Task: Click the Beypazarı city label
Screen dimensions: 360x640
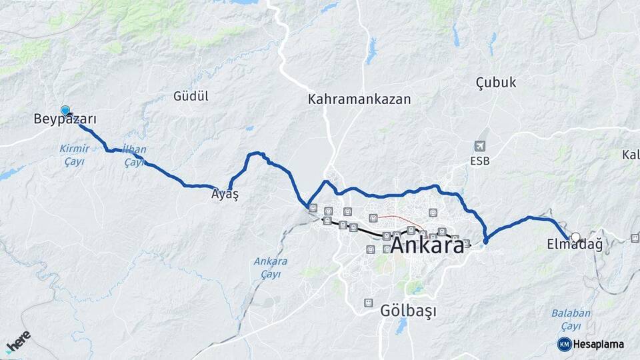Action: (x=65, y=120)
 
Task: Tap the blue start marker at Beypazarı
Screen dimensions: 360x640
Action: (x=65, y=110)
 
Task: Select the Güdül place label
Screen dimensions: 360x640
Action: (x=191, y=96)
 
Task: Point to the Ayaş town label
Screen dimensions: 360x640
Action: (x=225, y=195)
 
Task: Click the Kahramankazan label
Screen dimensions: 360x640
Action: (x=359, y=99)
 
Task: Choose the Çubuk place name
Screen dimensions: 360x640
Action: (x=495, y=83)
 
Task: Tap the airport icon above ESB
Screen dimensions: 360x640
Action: (x=479, y=146)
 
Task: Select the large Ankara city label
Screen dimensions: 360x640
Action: (x=427, y=245)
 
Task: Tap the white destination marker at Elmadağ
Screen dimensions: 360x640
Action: (x=575, y=236)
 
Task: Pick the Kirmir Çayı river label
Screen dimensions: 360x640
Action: (x=74, y=155)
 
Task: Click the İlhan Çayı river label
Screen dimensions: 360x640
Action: (x=134, y=155)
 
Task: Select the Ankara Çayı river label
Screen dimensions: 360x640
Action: (x=270, y=267)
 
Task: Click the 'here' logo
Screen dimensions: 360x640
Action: (x=18, y=341)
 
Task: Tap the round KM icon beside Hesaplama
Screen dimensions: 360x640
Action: (x=564, y=344)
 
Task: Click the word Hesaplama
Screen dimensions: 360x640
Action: (x=599, y=345)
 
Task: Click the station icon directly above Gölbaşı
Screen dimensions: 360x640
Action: (x=368, y=303)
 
